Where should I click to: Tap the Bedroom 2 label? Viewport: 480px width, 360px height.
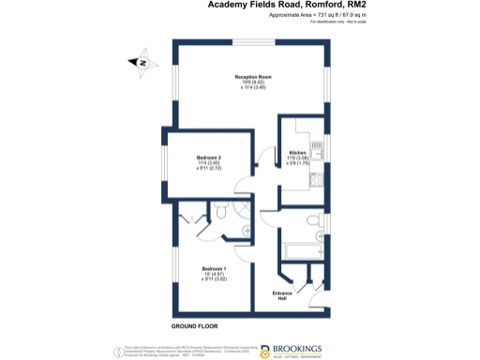(208, 157)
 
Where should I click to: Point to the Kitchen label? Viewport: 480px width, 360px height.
(297, 151)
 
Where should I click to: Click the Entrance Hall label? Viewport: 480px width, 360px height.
(283, 296)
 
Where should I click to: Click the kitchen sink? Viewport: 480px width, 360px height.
(317, 145)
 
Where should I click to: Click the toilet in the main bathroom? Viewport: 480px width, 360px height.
(314, 221)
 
